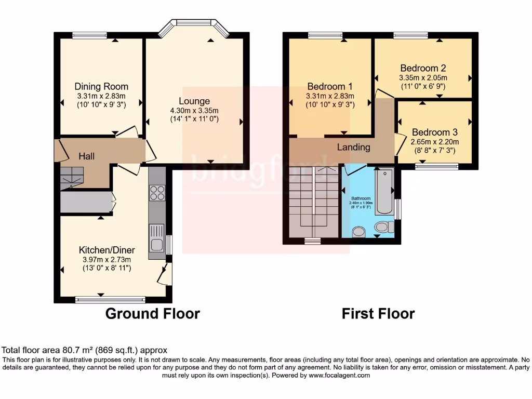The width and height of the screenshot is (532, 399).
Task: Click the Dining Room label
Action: (x=101, y=86)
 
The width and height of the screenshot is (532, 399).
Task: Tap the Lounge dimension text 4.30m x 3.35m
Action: (x=194, y=110)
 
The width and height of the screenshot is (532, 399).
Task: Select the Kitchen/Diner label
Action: (x=107, y=250)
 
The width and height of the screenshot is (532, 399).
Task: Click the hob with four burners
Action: (x=157, y=193)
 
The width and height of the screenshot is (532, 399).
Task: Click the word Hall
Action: (x=86, y=156)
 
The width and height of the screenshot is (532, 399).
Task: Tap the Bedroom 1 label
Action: (x=330, y=86)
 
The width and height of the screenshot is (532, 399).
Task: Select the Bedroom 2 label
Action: (x=423, y=68)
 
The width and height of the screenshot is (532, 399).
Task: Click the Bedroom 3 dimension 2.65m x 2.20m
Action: (x=434, y=141)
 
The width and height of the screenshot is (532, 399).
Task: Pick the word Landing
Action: (x=354, y=147)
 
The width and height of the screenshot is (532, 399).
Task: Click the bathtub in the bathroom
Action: (x=384, y=191)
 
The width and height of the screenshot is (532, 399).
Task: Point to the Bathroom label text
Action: (x=361, y=198)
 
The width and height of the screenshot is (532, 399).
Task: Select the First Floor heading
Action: (x=378, y=314)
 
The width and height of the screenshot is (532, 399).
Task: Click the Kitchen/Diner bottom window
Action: (x=110, y=299)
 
